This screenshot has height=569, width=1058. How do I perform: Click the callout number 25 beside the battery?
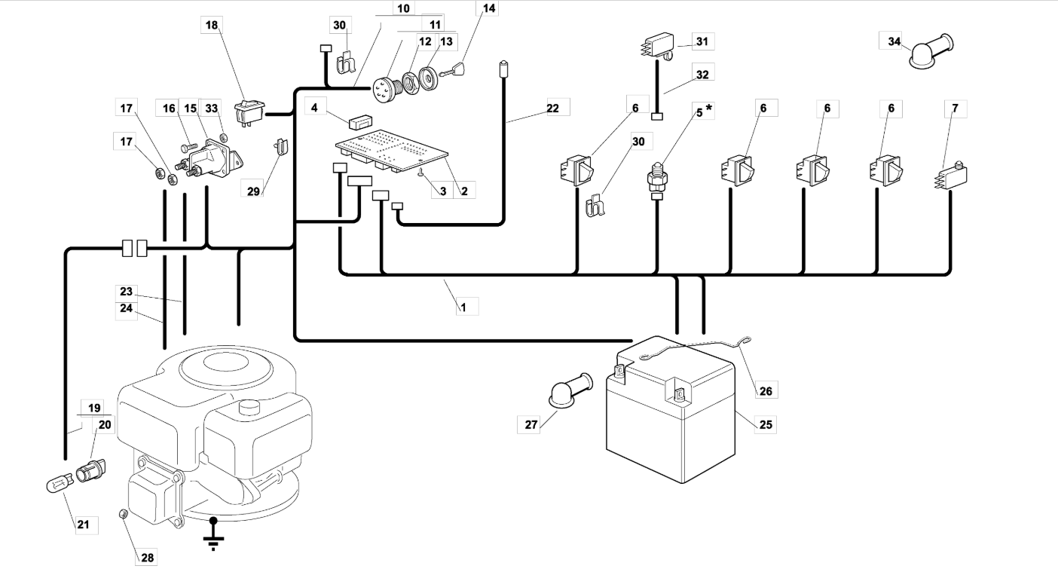point(765,424)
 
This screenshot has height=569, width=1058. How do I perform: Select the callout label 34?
point(894,41)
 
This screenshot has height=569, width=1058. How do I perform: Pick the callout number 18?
point(212,25)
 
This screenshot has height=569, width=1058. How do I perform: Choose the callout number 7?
point(955,109)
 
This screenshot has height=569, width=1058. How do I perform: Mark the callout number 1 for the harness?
point(464,307)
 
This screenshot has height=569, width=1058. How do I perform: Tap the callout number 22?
point(553,108)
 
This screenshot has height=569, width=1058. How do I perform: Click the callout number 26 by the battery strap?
point(766,390)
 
